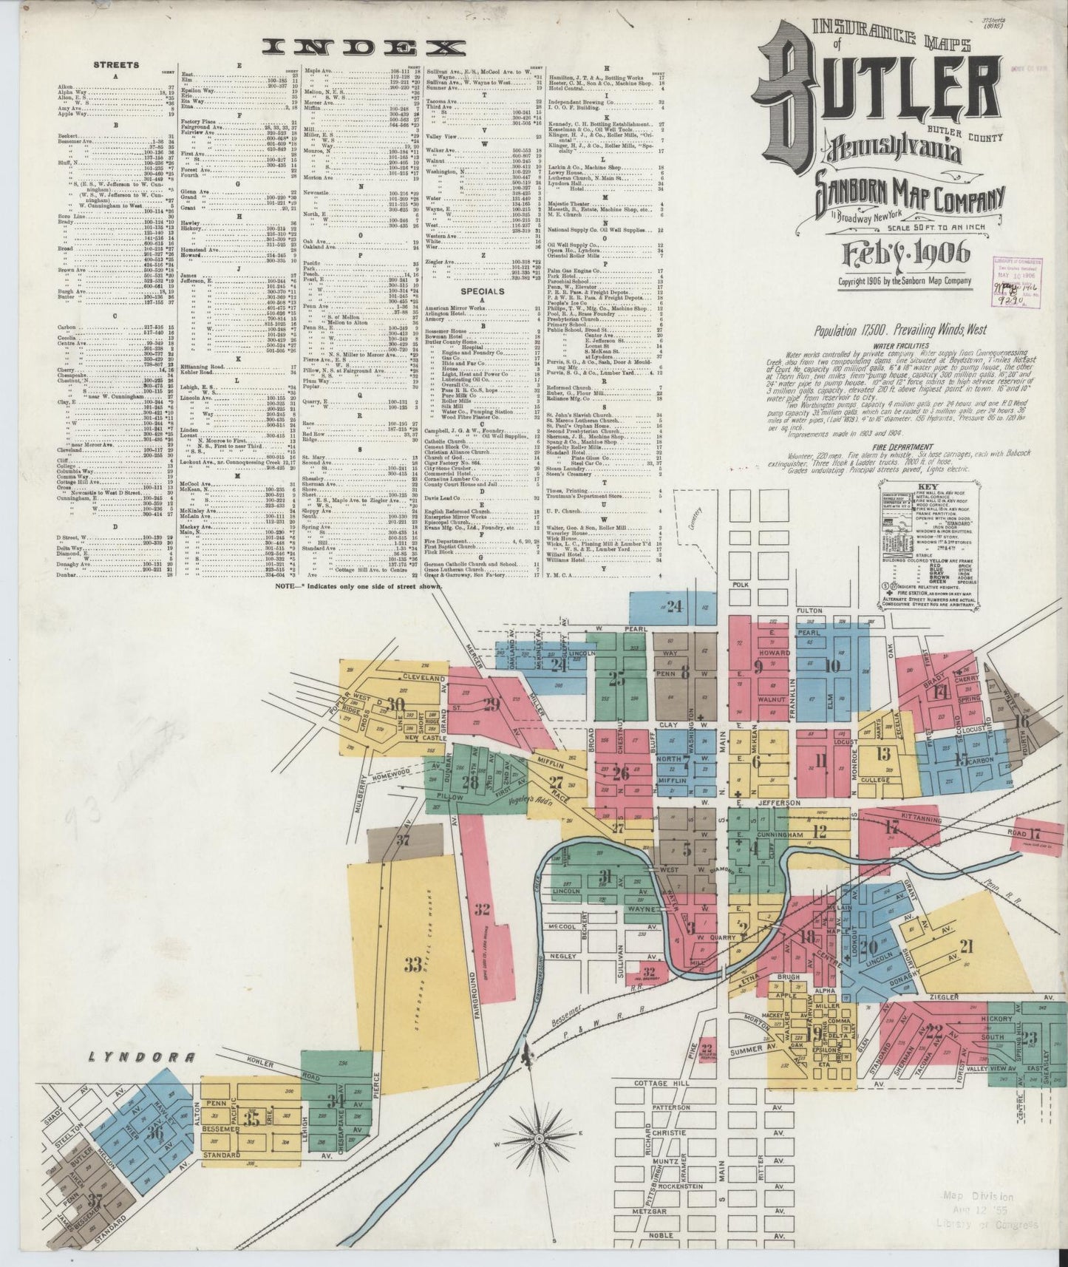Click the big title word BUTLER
pos(868,103)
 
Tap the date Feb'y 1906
pos(906,254)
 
